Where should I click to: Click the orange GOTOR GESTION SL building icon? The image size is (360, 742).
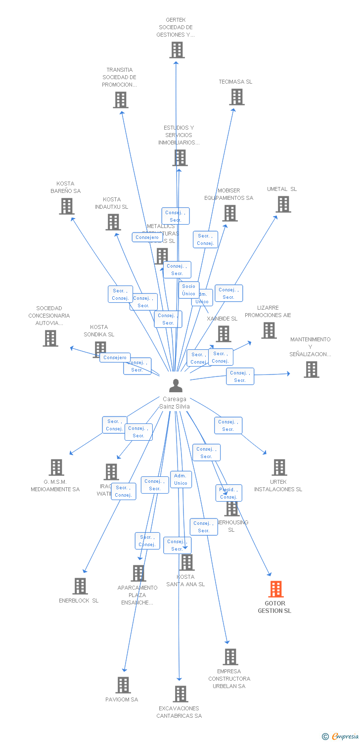pos(276,589)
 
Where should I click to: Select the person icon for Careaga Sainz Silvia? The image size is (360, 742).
pos(176,385)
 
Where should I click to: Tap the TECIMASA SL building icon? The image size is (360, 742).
pos(237,97)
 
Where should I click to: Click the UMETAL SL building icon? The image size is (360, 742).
pos(283,204)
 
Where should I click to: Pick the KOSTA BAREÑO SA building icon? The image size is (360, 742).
pos(67,206)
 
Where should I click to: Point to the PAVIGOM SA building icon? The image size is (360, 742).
pos(123,685)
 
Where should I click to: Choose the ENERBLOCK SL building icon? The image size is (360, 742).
pos(80,586)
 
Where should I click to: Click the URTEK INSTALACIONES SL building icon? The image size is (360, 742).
pos(279,467)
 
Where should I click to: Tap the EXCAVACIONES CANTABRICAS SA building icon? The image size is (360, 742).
pos(180,694)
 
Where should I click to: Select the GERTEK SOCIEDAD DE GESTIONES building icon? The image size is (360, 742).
pos(177,50)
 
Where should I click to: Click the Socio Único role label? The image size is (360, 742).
pos(189,290)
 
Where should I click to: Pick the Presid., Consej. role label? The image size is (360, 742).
pos(228,493)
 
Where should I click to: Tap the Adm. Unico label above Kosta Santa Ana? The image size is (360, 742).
pos(181,479)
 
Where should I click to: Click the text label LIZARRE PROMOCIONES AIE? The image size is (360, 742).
pos(268,312)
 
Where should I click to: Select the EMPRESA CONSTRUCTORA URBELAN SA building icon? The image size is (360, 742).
pos(230,657)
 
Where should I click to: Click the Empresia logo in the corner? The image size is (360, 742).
pos(340,737)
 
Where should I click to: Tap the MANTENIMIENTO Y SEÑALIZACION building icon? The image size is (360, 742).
pos(312,370)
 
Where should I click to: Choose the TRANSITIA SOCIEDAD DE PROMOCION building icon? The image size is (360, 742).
pos(121,100)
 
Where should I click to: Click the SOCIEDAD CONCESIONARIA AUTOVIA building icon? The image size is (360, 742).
pos(50,338)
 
